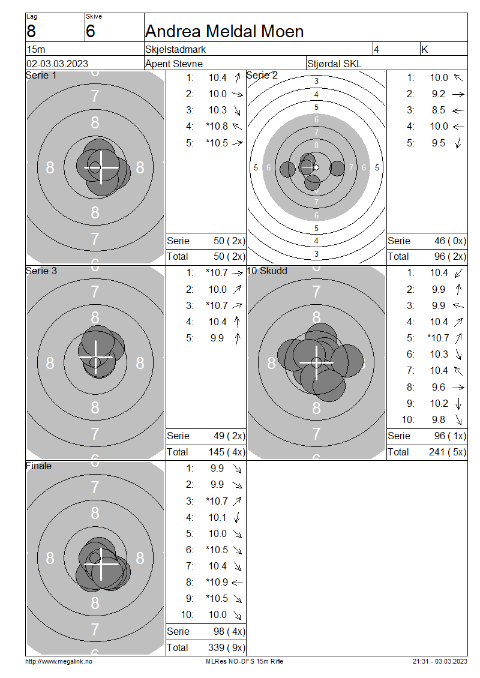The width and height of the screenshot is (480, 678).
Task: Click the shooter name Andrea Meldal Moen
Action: [224, 32]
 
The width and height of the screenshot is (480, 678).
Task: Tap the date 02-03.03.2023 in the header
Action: [57, 64]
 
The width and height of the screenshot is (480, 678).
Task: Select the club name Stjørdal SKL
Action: [334, 64]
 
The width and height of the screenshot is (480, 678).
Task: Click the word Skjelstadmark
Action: [176, 49]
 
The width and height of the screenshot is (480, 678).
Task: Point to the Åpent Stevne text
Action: [174, 64]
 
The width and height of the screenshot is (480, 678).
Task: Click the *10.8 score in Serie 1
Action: [217, 126]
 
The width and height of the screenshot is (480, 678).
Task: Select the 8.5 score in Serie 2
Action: [439, 110]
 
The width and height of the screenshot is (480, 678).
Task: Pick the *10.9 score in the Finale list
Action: [217, 583]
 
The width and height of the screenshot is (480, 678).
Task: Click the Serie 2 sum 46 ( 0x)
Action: [450, 241]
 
